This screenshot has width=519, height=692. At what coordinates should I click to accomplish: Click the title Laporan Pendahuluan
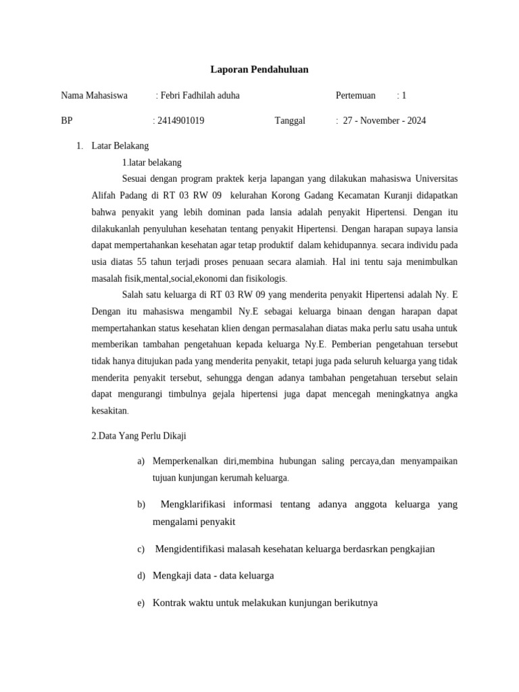coord(259,70)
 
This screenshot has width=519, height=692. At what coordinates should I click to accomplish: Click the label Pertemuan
coord(355,95)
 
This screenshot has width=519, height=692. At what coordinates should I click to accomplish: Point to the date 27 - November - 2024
coord(385,121)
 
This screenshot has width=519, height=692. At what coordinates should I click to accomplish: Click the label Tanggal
coord(290,121)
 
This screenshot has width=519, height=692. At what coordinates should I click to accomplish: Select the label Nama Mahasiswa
coord(94,95)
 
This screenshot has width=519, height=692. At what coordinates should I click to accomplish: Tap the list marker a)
coord(141,462)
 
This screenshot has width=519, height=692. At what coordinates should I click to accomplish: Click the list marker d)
coord(141,576)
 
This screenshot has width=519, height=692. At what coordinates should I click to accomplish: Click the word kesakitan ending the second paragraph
coord(109,410)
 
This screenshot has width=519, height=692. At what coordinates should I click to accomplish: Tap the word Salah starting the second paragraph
coord(132,294)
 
